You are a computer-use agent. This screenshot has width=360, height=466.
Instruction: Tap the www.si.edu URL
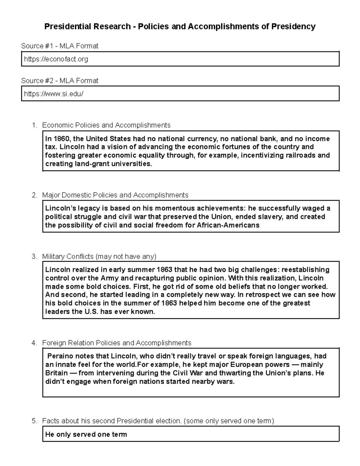[x=54, y=94]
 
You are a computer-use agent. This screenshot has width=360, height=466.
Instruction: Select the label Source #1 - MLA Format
[x=60, y=46]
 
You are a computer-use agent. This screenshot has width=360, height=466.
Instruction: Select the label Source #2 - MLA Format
[x=60, y=81]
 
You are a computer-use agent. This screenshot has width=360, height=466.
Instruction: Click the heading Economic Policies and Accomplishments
[x=106, y=125]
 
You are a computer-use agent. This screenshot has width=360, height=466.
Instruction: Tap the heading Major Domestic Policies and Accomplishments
[x=115, y=195]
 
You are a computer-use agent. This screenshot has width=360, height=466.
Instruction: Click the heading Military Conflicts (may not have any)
[x=99, y=257]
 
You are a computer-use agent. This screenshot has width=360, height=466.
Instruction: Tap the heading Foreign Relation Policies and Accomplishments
[x=117, y=343]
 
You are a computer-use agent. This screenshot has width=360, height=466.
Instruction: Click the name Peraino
[x=60, y=356]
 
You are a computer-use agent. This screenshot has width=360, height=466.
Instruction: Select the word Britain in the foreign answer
[x=56, y=373]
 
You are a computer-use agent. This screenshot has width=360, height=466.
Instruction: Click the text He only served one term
[x=86, y=434]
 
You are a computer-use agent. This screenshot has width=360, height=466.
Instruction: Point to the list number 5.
[x=34, y=421]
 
